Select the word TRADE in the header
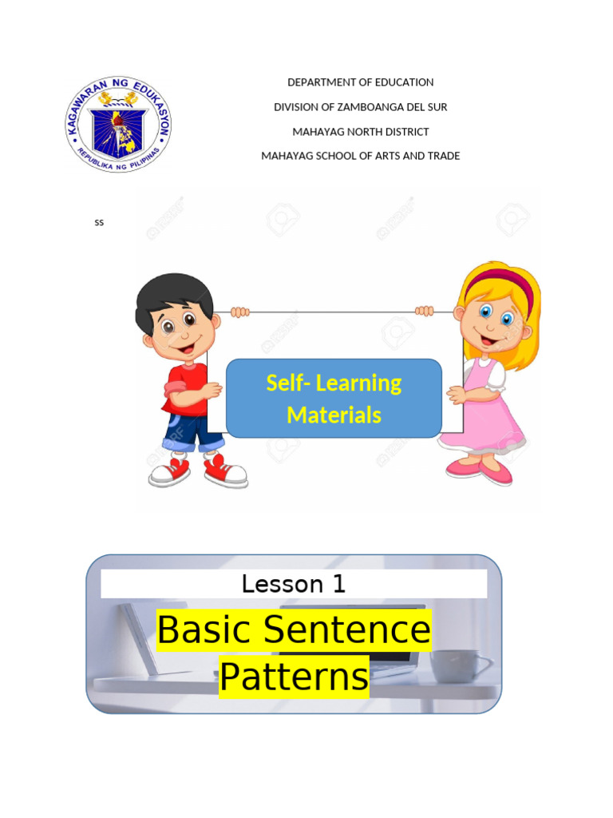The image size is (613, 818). (444, 156)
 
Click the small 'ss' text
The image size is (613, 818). (99, 223)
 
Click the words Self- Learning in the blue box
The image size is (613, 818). (334, 383)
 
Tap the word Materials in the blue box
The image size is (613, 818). (334, 415)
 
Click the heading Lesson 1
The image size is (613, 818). (294, 584)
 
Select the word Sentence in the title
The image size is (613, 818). (348, 631)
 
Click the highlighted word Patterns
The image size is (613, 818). (294, 677)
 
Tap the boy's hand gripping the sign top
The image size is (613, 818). (239, 312)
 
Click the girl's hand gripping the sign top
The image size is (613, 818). (424, 311)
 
